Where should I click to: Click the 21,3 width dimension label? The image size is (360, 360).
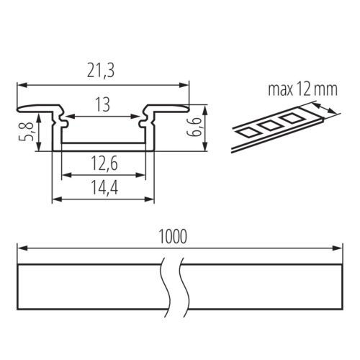101,71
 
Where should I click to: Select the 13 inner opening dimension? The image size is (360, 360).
103,104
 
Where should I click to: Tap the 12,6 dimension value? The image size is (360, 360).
104,163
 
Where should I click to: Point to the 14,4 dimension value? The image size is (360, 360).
104,187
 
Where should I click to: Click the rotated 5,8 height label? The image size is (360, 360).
29,131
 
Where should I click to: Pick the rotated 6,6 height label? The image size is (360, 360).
196,127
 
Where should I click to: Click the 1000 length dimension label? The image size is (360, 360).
173,237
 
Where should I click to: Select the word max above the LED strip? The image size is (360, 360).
281,89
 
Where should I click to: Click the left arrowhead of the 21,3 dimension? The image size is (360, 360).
22,85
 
